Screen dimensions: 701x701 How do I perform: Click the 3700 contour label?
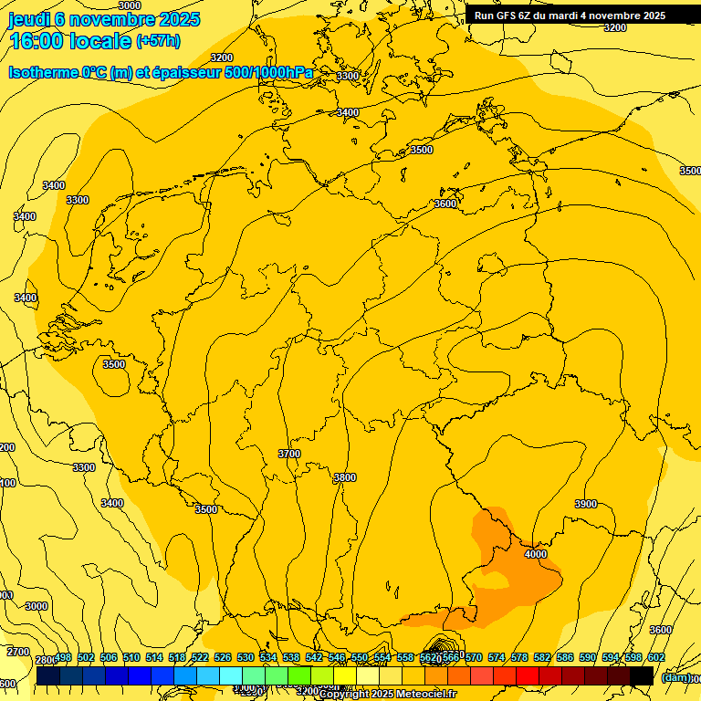coord(289,454)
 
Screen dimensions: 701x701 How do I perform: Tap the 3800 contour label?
coord(345,477)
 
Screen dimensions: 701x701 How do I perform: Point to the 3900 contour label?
coord(586,504)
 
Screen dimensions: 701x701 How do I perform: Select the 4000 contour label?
coord(536,554)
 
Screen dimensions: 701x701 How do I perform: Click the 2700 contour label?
coord(17,653)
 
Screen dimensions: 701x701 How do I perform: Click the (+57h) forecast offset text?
coord(158,41)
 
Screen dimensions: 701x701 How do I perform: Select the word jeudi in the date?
coord(30,18)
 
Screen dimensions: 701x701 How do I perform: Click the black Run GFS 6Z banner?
coord(581,16)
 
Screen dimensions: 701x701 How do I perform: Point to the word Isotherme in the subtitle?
coord(43,72)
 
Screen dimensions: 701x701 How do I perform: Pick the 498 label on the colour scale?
coord(63,657)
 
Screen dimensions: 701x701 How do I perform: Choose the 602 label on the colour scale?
coord(656,657)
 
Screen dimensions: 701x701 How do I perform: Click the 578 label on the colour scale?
coord(519,657)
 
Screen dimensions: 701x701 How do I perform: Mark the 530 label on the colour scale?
coord(246,657)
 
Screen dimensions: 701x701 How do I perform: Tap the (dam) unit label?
coord(676,677)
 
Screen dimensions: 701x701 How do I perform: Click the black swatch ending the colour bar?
coord(642,676)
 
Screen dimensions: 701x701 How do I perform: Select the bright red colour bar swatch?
coord(528,676)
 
